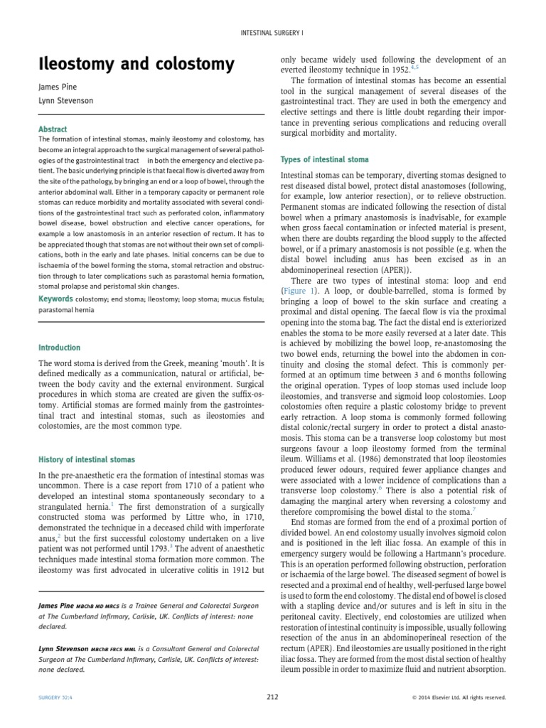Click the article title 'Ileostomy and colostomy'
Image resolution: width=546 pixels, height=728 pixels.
136,64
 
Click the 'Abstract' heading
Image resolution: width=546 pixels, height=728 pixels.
53,129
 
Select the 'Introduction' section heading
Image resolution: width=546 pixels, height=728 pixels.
59,348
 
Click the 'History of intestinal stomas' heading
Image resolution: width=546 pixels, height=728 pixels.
86,460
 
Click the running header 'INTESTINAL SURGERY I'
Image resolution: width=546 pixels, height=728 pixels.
272,33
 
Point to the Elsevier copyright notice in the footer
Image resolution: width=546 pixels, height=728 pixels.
459,697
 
